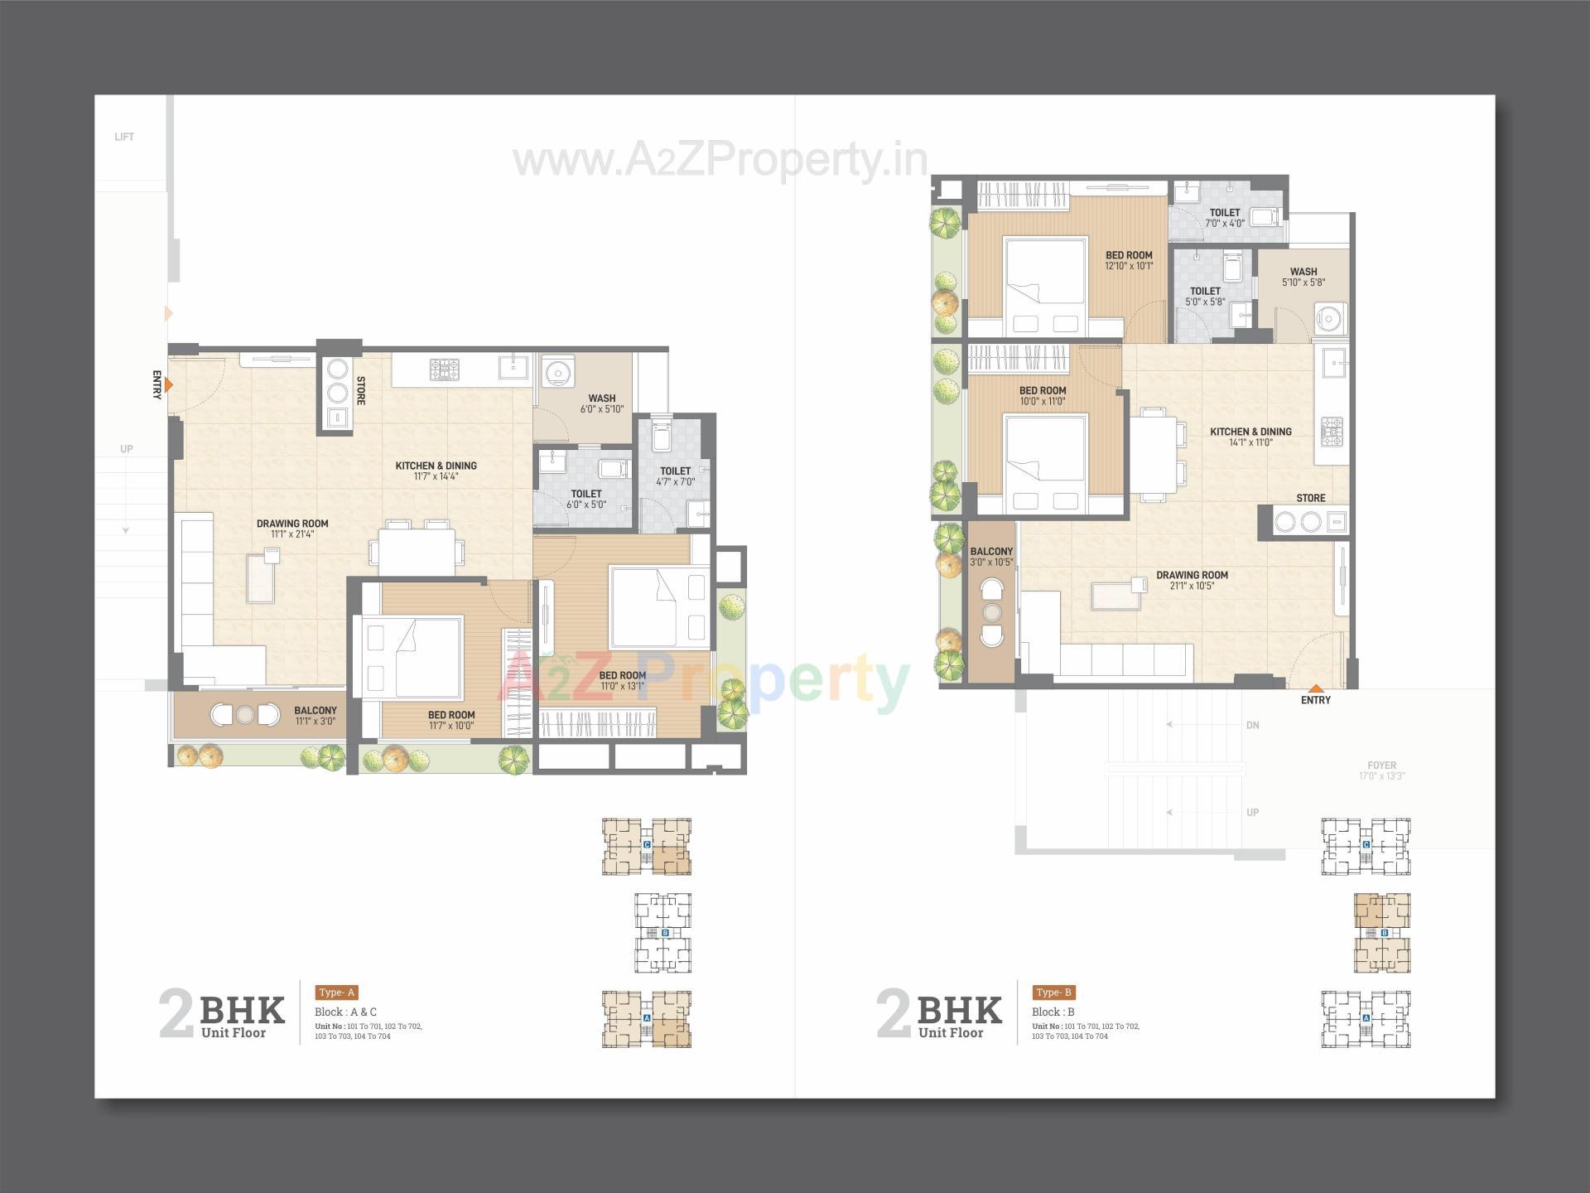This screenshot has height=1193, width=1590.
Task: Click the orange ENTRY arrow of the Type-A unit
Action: [169, 385]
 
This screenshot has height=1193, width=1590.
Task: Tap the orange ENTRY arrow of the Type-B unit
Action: [1315, 688]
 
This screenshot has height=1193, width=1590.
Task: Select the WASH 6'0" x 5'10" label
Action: [602, 403]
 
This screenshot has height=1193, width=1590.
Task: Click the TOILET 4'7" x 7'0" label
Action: [675, 476]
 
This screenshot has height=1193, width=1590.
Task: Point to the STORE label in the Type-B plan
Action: [1310, 498]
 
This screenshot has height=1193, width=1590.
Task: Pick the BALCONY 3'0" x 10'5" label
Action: [991, 556]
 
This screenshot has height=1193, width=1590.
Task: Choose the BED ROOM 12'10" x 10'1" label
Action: [1129, 260]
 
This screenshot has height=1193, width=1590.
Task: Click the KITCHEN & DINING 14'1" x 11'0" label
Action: [1250, 437]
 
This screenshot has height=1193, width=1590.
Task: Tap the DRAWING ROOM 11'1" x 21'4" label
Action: [292, 529]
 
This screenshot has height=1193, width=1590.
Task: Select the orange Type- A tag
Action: [336, 993]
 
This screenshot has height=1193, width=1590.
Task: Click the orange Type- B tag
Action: [1054, 993]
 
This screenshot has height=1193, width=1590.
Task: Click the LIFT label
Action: [124, 137]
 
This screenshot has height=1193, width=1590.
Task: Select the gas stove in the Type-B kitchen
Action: [1332, 431]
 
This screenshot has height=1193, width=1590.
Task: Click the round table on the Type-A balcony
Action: [244, 714]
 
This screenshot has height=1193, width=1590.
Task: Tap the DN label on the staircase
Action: [1252, 725]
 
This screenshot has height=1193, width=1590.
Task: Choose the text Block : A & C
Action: [345, 1012]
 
